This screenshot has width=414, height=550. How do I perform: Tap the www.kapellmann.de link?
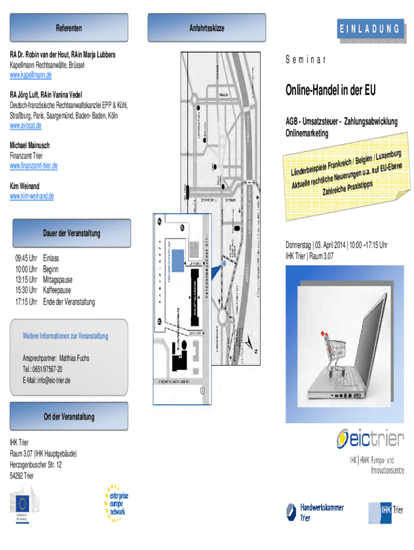pyautogui.click(x=31, y=75)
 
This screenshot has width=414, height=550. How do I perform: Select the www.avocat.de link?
pyautogui.click(x=26, y=125)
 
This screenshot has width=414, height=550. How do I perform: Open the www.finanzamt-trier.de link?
pyautogui.click(x=34, y=165)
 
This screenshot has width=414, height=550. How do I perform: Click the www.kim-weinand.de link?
pyautogui.click(x=32, y=196)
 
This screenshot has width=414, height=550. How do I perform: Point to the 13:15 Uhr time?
pyautogui.click(x=26, y=280)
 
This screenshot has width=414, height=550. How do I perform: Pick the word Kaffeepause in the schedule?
pyautogui.click(x=61, y=291)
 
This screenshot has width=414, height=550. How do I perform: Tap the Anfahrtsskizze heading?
pyautogui.click(x=206, y=27)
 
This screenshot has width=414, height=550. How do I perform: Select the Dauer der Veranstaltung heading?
pyautogui.click(x=72, y=233)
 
